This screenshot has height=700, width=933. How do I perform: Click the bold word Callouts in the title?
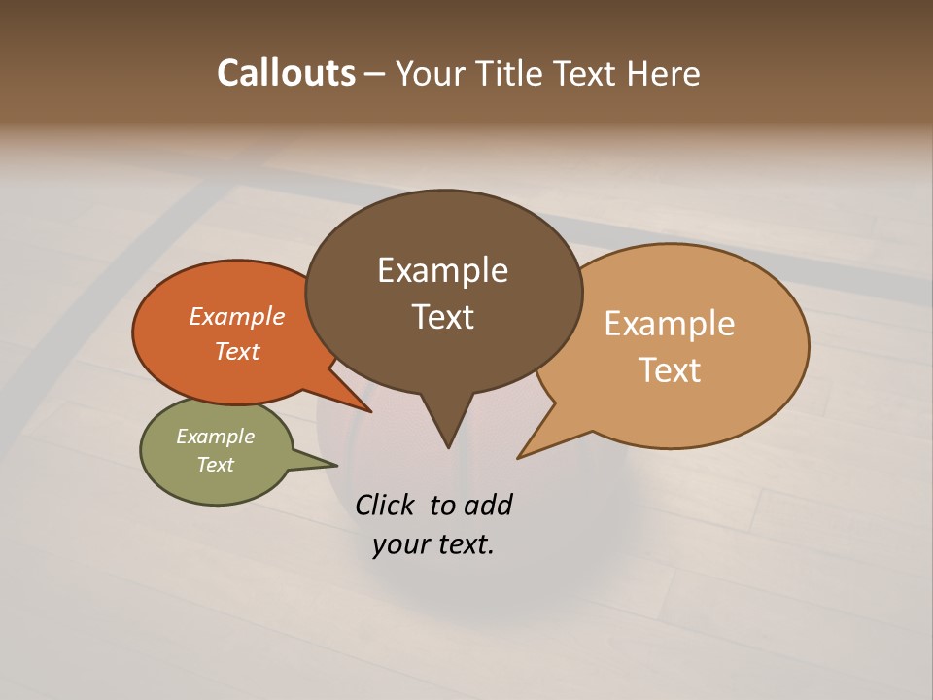coord(286,73)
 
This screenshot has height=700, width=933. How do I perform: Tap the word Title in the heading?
coord(512,73)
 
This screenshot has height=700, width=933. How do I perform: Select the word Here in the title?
coord(663,73)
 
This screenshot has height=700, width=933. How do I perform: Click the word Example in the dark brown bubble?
coord(442,270)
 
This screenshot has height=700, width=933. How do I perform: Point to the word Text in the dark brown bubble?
coord(442,317)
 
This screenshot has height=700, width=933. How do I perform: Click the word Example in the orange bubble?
coord(237,316)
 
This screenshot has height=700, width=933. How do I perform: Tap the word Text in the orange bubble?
coord(237,351)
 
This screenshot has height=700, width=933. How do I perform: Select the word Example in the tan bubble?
coord(670,324)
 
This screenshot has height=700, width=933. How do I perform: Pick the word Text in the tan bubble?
coord(670,370)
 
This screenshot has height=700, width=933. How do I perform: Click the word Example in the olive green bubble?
coord(215,437)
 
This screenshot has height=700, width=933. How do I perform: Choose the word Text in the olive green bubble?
coord(215,465)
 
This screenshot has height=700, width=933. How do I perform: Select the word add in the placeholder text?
coord(487,505)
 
